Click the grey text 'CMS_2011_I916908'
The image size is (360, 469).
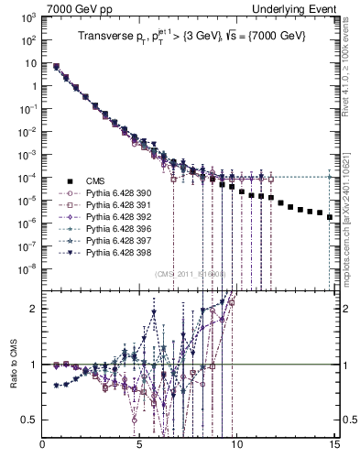pos(190,274)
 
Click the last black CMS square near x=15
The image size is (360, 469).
pos(329,217)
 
